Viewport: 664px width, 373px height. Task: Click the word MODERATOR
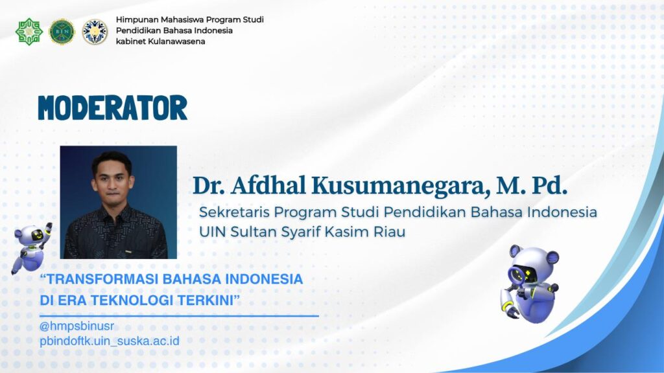click(x=113, y=107)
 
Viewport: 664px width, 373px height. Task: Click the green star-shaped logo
click(x=29, y=31)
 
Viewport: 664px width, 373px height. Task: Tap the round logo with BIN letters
click(x=62, y=32)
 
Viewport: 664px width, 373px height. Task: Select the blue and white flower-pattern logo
click(x=95, y=32)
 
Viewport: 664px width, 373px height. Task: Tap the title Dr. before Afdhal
click(x=209, y=186)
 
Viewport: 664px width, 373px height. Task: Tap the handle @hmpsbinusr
click(x=77, y=326)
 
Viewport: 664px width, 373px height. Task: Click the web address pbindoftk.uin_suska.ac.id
click(x=109, y=341)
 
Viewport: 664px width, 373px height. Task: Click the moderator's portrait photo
click(x=119, y=202)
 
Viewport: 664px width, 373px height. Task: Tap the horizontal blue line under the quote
click(x=179, y=315)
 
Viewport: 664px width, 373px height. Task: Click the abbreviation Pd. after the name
click(x=550, y=186)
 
